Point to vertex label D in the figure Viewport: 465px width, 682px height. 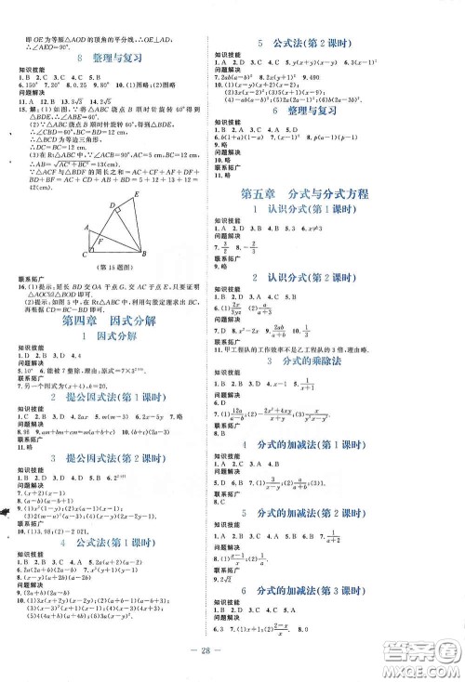(110, 203)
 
